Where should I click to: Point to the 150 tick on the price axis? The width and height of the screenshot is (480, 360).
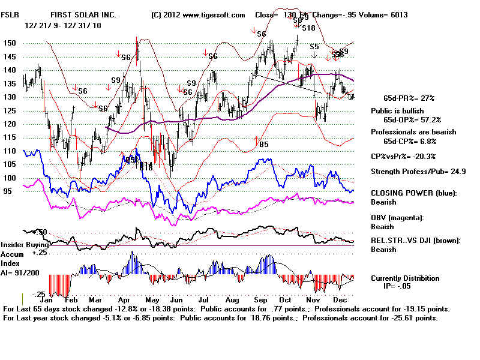[x=11, y=43]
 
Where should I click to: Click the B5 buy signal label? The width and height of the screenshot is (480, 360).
[x=263, y=144]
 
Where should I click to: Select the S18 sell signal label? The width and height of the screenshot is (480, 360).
[x=308, y=28]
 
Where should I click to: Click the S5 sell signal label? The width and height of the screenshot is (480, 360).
[x=314, y=47]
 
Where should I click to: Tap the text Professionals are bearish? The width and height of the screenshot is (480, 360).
[x=413, y=132]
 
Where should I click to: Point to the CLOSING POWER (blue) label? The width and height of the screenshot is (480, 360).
[x=413, y=193]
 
